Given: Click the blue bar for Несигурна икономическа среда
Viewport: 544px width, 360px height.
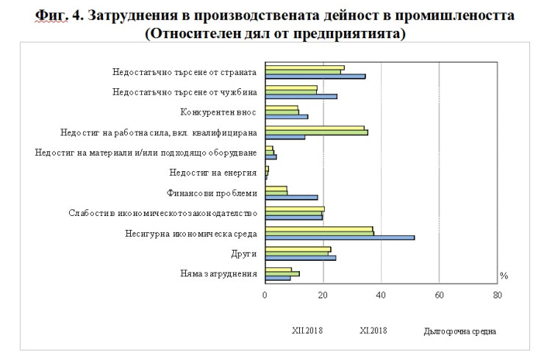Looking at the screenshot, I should (x=340, y=237).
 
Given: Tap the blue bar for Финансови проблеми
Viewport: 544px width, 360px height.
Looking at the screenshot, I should (x=292, y=197).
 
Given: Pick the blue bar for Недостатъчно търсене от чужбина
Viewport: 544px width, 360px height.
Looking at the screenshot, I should (x=301, y=96).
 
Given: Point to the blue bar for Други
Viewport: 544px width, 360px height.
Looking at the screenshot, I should (x=301, y=258).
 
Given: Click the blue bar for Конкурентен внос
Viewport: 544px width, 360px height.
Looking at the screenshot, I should (x=287, y=116).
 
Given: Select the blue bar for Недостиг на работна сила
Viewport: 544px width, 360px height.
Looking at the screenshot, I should (x=285, y=137).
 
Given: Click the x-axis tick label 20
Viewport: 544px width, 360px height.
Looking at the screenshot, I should (x=323, y=296).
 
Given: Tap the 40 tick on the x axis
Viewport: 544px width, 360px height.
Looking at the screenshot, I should (x=381, y=296).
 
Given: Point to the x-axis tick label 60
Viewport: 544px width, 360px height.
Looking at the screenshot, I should (x=439, y=296).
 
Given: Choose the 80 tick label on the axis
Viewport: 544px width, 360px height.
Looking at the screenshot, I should (x=497, y=296).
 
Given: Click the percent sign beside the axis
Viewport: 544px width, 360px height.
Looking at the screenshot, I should (x=504, y=276).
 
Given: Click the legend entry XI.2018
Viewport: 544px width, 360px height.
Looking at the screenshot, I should (x=373, y=330).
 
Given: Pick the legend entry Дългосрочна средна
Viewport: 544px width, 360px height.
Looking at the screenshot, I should (x=459, y=331).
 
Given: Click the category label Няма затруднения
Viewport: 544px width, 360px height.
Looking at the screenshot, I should (x=218, y=274).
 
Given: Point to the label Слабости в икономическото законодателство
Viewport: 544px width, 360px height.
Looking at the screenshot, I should (x=162, y=214).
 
